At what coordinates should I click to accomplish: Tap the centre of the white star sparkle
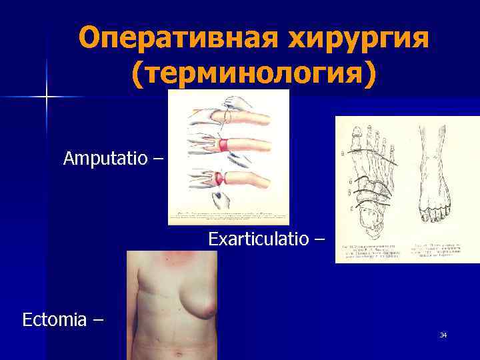click(47, 97)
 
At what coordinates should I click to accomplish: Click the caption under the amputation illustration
click(228, 216)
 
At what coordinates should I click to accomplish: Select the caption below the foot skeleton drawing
click(371, 252)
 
